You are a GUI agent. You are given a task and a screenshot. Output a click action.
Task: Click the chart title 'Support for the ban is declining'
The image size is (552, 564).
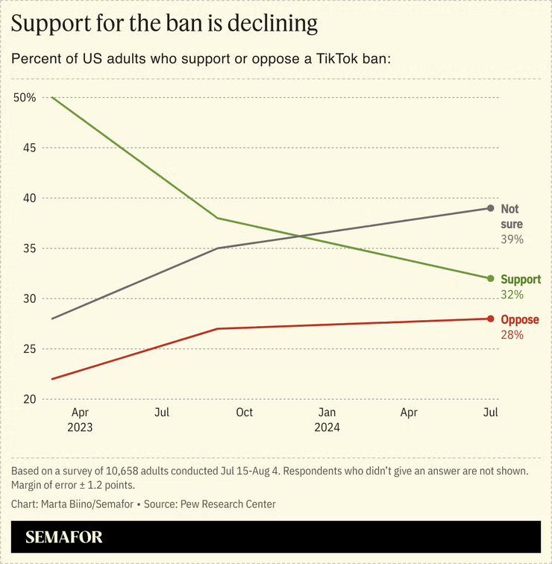(164, 24)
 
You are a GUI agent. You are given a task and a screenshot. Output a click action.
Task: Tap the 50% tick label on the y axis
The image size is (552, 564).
(25, 98)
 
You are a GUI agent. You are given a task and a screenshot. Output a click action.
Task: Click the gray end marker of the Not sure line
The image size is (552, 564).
(490, 208)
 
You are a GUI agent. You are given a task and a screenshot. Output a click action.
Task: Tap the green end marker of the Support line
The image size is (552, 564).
(490, 278)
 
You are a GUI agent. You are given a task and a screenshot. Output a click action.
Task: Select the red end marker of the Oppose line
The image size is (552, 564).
(490, 319)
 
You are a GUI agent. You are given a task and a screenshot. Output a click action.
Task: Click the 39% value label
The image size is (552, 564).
(512, 239)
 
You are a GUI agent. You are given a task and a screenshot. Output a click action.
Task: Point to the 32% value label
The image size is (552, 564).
(512, 295)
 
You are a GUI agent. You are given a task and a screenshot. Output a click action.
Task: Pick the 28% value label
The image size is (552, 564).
(512, 335)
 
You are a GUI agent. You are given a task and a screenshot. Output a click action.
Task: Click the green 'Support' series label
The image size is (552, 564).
(521, 280)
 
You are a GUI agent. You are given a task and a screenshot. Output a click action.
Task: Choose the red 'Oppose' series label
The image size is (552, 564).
(520, 320)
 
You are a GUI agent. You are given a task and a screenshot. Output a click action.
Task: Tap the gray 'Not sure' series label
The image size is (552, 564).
(511, 216)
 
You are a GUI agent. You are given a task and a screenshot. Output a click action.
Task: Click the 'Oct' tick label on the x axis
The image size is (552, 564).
(244, 413)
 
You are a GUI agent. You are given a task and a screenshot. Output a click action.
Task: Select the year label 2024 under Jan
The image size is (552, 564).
(327, 427)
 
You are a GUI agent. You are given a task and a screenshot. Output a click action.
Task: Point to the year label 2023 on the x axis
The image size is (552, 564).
(80, 427)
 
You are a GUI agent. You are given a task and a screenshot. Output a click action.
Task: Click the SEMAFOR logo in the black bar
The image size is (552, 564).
(64, 537)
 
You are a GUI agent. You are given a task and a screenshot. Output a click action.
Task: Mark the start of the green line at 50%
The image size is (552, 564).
(51, 98)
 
